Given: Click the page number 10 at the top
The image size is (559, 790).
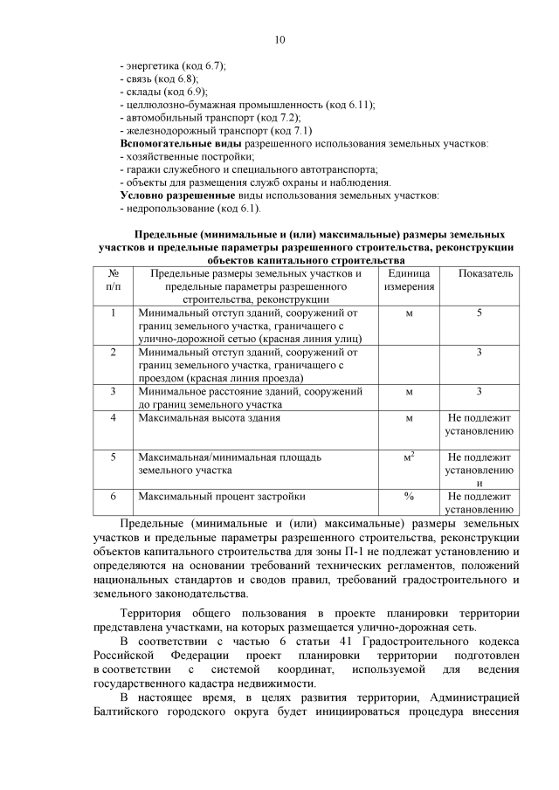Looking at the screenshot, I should tap(279, 39).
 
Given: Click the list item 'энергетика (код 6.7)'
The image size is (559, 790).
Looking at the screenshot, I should tap(173, 65).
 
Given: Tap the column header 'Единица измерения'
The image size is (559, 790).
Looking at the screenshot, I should tap(409, 280).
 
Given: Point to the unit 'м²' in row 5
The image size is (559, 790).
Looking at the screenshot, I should tap(409, 457).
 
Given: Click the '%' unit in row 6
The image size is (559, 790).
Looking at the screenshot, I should tap(409, 497).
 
